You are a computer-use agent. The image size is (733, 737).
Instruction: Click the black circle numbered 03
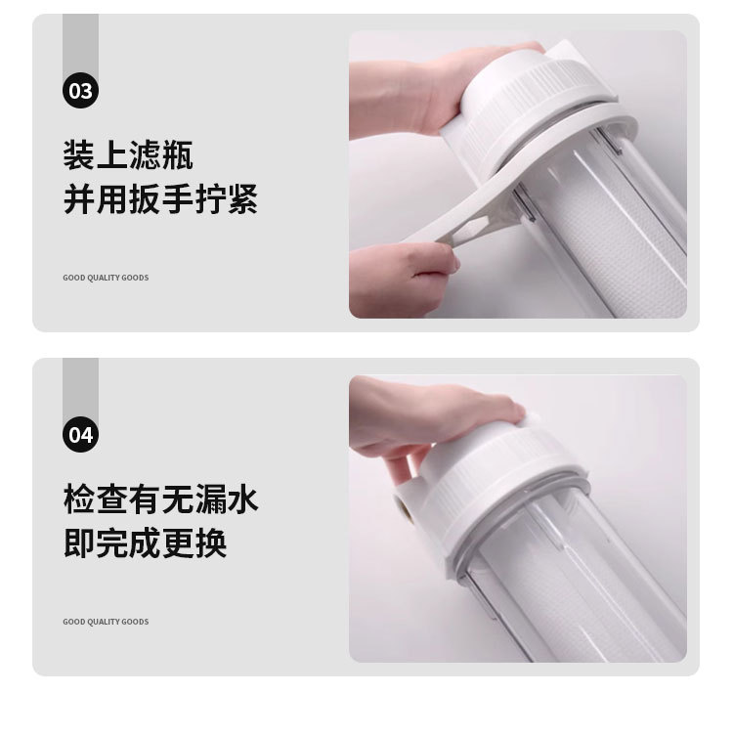(x=80, y=90)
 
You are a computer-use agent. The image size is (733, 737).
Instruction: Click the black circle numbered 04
(x=80, y=434)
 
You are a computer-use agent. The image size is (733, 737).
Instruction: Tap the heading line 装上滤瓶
(x=128, y=154)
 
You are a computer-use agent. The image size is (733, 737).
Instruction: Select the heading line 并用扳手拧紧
(x=160, y=198)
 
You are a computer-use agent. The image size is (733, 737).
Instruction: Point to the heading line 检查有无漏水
(x=160, y=499)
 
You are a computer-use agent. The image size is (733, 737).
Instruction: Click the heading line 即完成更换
(x=145, y=542)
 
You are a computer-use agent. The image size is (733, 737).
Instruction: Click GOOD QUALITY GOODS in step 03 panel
(x=106, y=278)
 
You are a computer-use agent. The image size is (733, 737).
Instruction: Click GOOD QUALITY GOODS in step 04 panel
(x=106, y=622)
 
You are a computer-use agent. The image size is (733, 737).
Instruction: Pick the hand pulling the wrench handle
(x=402, y=280)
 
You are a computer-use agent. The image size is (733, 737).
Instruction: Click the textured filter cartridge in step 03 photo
(x=621, y=244)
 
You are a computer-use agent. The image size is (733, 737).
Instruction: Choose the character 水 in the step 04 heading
(x=243, y=499)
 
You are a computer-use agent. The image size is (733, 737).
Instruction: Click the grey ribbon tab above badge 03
(x=80, y=45)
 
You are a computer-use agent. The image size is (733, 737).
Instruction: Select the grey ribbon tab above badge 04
(x=80, y=388)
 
